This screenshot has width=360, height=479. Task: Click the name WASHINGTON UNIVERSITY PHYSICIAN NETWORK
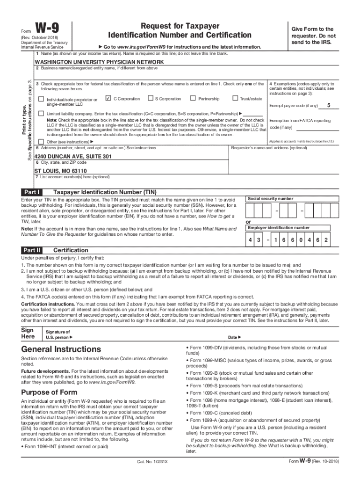pyautogui.click(x=99, y=62)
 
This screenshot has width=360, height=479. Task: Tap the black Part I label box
pyautogui.click(x=32, y=192)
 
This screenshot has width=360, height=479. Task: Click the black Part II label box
pyautogui.click(x=33, y=250)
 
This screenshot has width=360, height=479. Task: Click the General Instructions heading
pyautogui.click(x=61, y=349)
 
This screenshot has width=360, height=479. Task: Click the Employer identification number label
pyautogui.click(x=279, y=228)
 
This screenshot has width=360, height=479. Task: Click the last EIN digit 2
pyautogui.click(x=326, y=240)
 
